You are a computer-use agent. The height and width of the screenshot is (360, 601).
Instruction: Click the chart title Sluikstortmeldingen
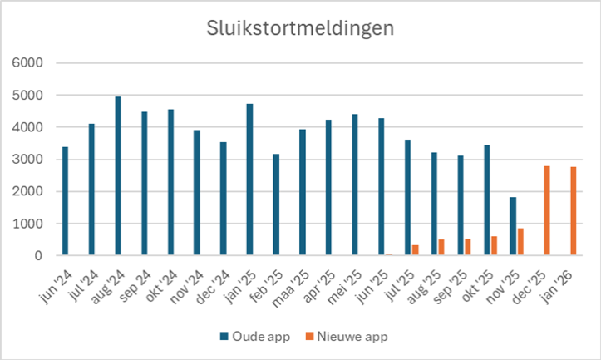[x=300, y=27]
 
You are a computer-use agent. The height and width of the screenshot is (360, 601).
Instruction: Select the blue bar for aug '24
[x=118, y=176]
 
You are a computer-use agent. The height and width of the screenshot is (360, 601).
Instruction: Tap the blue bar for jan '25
[x=249, y=180]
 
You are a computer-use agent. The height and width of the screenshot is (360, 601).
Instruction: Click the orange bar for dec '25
[x=547, y=211]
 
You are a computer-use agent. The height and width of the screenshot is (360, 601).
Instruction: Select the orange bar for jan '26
[x=574, y=212]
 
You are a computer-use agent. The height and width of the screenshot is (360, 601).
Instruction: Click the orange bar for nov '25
[x=520, y=242]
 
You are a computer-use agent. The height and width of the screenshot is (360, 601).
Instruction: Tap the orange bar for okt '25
[x=494, y=246]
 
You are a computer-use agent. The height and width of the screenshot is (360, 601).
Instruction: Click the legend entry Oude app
[x=253, y=337]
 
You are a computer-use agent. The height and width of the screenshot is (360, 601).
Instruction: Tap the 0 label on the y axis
[x=47, y=256]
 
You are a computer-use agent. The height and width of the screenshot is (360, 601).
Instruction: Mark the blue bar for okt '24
[x=170, y=183]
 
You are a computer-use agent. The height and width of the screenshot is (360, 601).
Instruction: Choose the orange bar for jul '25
[x=415, y=250]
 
